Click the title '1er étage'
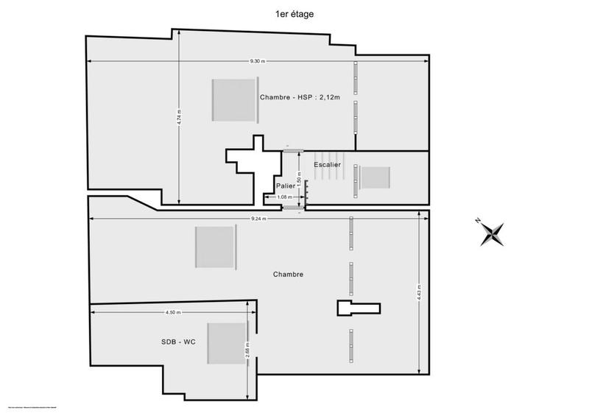[x=294, y=13]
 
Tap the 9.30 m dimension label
[x=258, y=60]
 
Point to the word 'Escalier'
[x=327, y=164]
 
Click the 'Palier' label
[x=286, y=186]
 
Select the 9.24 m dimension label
[x=258, y=218]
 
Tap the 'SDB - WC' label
[x=179, y=342]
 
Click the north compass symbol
[x=491, y=233]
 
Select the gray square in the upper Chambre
[x=233, y=100]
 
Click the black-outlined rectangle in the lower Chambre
[x=359, y=308]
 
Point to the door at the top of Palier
[x=294, y=151]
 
